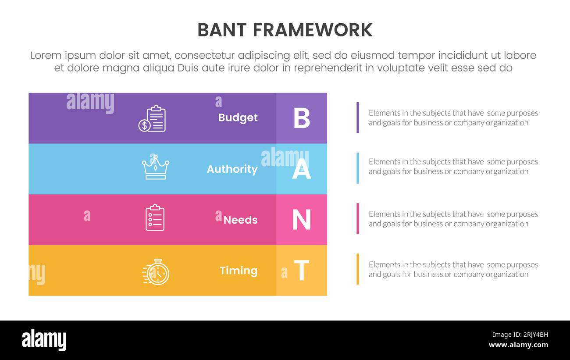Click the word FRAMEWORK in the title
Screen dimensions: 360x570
(x=313, y=30)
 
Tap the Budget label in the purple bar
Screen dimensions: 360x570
(x=238, y=118)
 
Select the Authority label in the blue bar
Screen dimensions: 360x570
(x=232, y=169)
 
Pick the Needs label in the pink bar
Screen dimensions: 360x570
(x=240, y=220)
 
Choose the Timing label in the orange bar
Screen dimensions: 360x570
(x=239, y=271)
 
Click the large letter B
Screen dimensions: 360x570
(x=302, y=118)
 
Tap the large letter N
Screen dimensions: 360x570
(x=302, y=220)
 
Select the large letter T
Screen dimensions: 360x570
(x=302, y=271)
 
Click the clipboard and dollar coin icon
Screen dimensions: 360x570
(x=152, y=118)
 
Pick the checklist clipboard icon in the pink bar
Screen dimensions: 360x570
(x=155, y=217)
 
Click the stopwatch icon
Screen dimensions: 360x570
(x=156, y=271)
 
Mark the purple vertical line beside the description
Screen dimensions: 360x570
(x=358, y=118)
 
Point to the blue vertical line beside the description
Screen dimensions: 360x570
(x=358, y=168)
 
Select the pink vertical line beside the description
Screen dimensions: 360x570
(x=358, y=218)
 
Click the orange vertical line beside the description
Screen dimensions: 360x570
(x=358, y=269)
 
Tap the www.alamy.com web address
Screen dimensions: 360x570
(x=518, y=345)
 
